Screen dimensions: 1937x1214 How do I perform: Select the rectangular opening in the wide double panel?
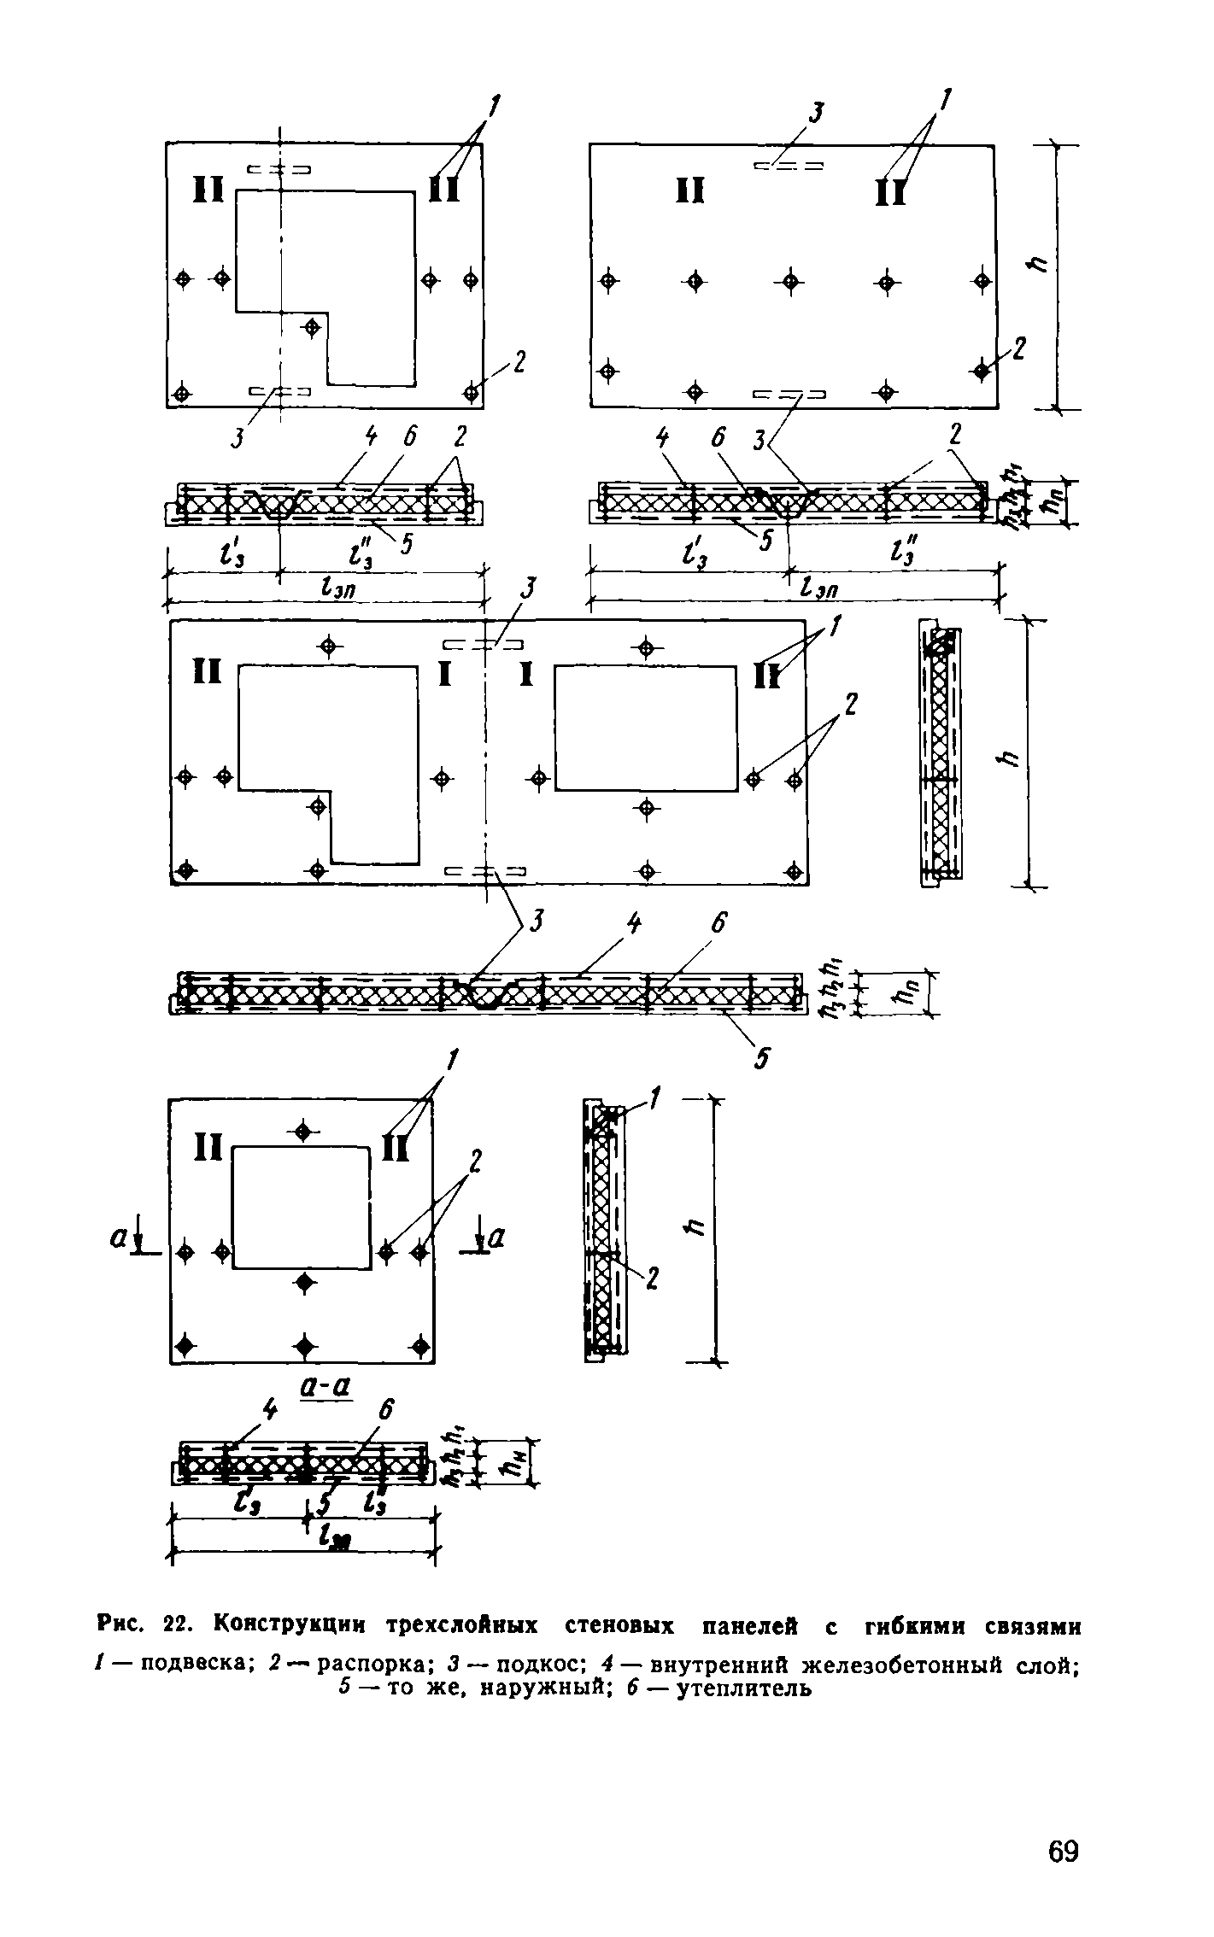click(x=646, y=729)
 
